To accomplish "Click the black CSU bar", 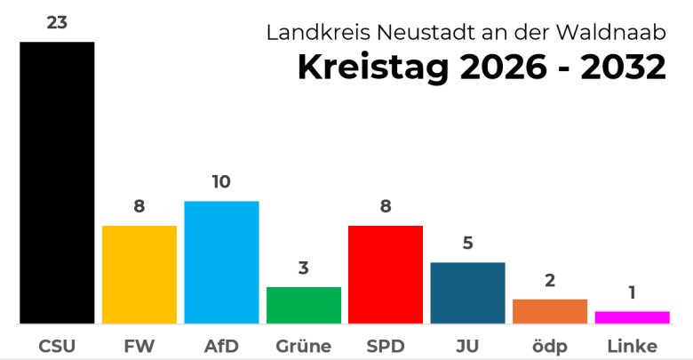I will pyautogui.click(x=57, y=182).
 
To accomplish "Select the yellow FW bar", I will pyautogui.click(x=139, y=275).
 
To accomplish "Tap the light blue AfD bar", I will pyautogui.click(x=221, y=262).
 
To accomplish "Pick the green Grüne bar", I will pyautogui.click(x=304, y=305).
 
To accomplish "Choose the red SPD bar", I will pyautogui.click(x=386, y=275).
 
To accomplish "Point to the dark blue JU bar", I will pyautogui.click(x=467, y=292).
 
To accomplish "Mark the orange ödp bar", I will pyautogui.click(x=550, y=311).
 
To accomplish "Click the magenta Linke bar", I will pyautogui.click(x=632, y=317).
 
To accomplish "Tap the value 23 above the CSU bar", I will pyautogui.click(x=57, y=23).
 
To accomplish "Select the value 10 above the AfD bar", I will pyautogui.click(x=221, y=182).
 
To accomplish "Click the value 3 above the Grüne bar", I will pyautogui.click(x=304, y=268).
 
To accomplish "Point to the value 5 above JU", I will pyautogui.click(x=467, y=244).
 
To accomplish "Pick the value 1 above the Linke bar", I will pyautogui.click(x=632, y=292).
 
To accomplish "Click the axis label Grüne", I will pyautogui.click(x=304, y=346).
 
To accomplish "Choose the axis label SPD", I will pyautogui.click(x=386, y=346).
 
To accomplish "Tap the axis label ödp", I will pyautogui.click(x=550, y=346).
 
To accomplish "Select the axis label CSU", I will pyautogui.click(x=57, y=346).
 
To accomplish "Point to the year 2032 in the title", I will pyautogui.click(x=623, y=68).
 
